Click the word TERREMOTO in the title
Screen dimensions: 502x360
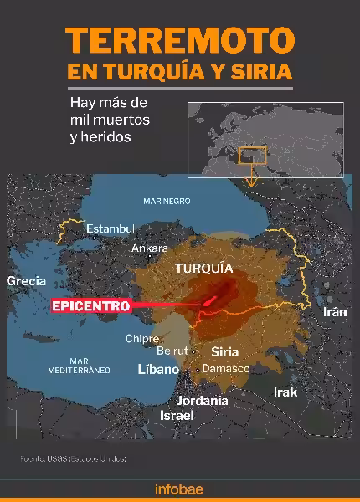[x=179, y=39]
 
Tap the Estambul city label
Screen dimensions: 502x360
[x=111, y=228]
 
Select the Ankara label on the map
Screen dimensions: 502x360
[x=151, y=248]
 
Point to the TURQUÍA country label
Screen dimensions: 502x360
[x=202, y=269]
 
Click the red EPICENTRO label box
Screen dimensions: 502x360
[x=90, y=306]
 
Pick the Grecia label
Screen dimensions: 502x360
[x=26, y=281]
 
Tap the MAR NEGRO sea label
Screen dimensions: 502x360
[x=167, y=201]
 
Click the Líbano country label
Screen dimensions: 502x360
[x=158, y=369]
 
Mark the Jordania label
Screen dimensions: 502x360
[x=203, y=400]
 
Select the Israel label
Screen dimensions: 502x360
[x=177, y=415]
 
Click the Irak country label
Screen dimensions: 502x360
[x=285, y=392]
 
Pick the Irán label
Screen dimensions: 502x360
[x=334, y=311]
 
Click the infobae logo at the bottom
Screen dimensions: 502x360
[x=179, y=489]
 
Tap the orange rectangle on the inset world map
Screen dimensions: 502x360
[x=252, y=156]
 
